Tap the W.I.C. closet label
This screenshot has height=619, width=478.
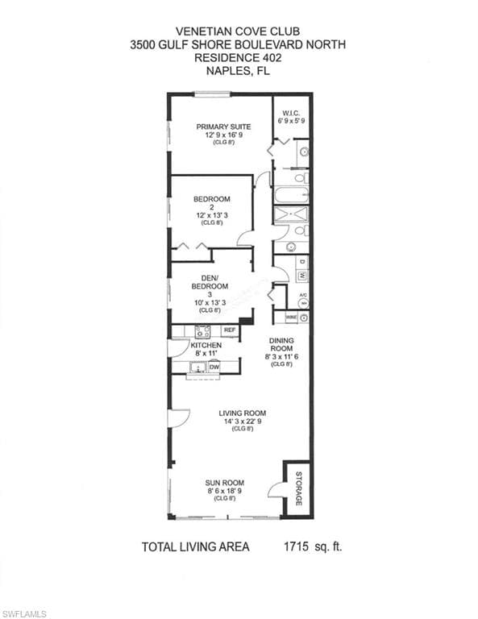pyautogui.click(x=291, y=112)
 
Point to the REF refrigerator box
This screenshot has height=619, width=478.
pyautogui.click(x=229, y=330)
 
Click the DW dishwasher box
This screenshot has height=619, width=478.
pyautogui.click(x=214, y=368)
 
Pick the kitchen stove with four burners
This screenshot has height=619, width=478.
pyautogui.click(x=203, y=330)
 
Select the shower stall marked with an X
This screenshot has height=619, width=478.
pyautogui.click(x=290, y=214)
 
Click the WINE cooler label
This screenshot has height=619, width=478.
pyautogui.click(x=289, y=318)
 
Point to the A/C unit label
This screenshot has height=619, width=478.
pyautogui.click(x=303, y=296)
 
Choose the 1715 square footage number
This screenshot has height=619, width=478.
pyautogui.click(x=297, y=546)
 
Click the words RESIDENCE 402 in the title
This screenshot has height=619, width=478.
pyautogui.click(x=238, y=58)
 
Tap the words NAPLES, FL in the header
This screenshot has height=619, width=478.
pyautogui.click(x=238, y=71)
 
